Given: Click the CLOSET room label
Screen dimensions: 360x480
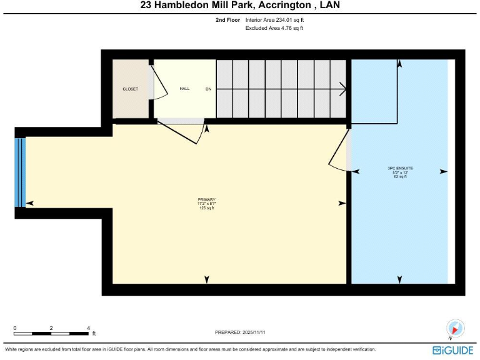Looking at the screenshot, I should pos(130,89).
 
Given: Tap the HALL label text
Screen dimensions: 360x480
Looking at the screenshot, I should pos(184,89).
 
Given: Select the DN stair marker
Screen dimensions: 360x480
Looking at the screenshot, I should pos(208,89).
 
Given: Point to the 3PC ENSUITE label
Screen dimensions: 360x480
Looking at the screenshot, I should pos(400,168).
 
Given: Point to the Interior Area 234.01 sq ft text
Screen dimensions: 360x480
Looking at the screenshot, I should pos(274,20).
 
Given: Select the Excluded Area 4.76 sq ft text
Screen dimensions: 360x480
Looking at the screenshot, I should pos(274,28).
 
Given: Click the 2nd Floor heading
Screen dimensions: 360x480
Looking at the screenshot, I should pos(227,20).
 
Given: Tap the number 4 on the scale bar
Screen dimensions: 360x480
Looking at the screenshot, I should pos(89,327).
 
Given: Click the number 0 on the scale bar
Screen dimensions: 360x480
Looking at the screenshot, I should pos(15,327).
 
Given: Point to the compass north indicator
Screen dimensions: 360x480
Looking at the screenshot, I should pos(456,328).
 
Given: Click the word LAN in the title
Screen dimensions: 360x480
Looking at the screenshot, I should pos(331,6).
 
